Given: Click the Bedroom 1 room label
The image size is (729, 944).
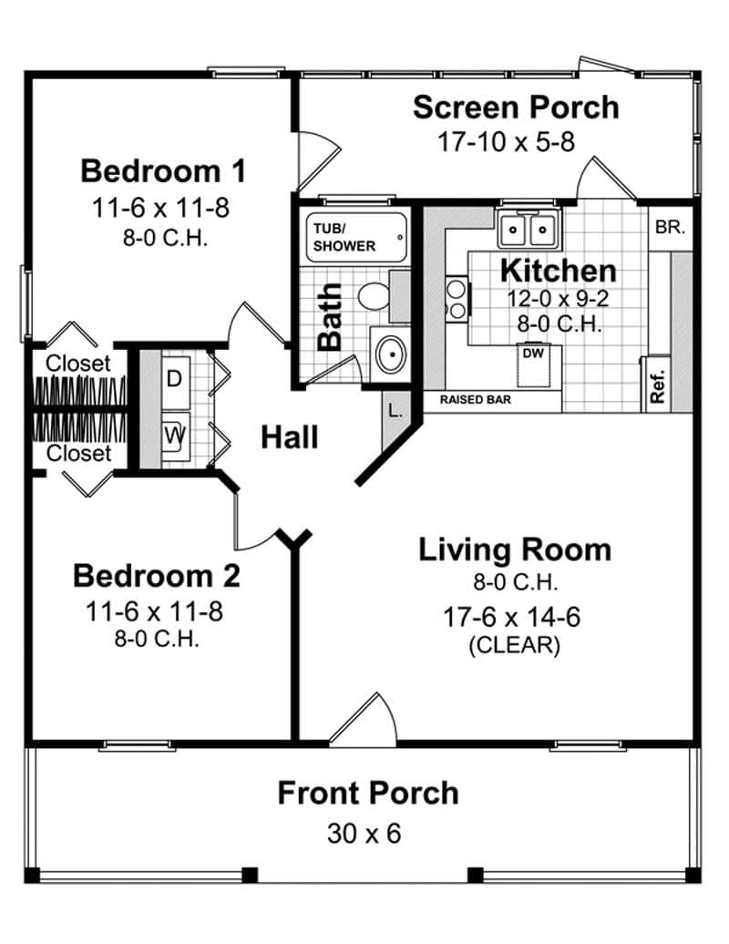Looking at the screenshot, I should pos(163,170).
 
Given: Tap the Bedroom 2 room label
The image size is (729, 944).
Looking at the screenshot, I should pos(156,576).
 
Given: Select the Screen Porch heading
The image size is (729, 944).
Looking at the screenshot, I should pos(515,107).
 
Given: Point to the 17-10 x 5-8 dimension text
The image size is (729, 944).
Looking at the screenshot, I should pos(506,142).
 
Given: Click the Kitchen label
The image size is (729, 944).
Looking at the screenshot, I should pos(558,271).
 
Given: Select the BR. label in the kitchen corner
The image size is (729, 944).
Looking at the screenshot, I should pos(670,228).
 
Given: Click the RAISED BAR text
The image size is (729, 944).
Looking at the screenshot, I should pos(475,399).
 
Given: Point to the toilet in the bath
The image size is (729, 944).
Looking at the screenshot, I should pos(374,295).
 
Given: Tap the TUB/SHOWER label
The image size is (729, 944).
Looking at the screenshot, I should pos(344,237).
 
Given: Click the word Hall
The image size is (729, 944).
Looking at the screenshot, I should pos(290,437).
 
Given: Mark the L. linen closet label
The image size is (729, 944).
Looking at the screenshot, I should pos(395,410).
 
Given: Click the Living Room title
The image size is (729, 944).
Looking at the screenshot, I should pos(514,549).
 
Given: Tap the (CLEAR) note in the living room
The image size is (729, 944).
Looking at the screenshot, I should pos(514,646).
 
